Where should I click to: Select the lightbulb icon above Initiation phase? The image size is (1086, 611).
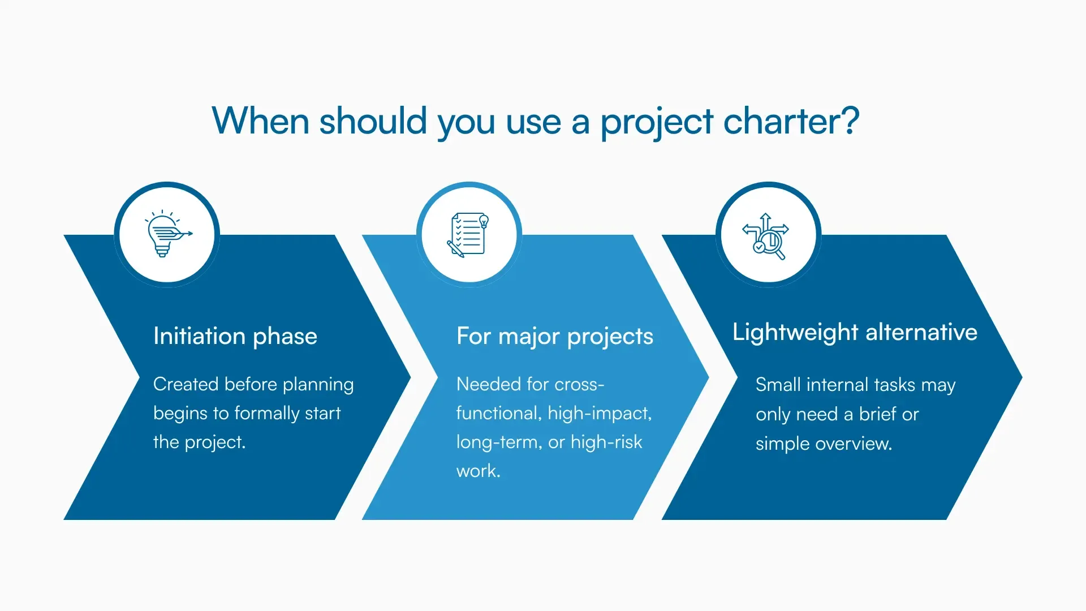coord(167,234)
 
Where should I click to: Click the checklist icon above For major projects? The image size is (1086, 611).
coord(469,234)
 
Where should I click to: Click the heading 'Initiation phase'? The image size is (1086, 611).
coord(235,336)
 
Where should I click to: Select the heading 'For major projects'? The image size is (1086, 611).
coord(554,336)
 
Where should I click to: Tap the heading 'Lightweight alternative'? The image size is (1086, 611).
coord(854,332)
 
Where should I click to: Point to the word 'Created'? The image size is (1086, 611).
coord(186,384)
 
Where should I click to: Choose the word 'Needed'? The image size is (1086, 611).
coord(488,384)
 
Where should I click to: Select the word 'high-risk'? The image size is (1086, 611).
coord(606,442)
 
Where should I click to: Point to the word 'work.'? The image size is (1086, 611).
coord(478,471)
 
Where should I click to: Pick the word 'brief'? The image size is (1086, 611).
coord(878,414)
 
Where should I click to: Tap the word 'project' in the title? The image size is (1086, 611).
coord(656,122)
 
